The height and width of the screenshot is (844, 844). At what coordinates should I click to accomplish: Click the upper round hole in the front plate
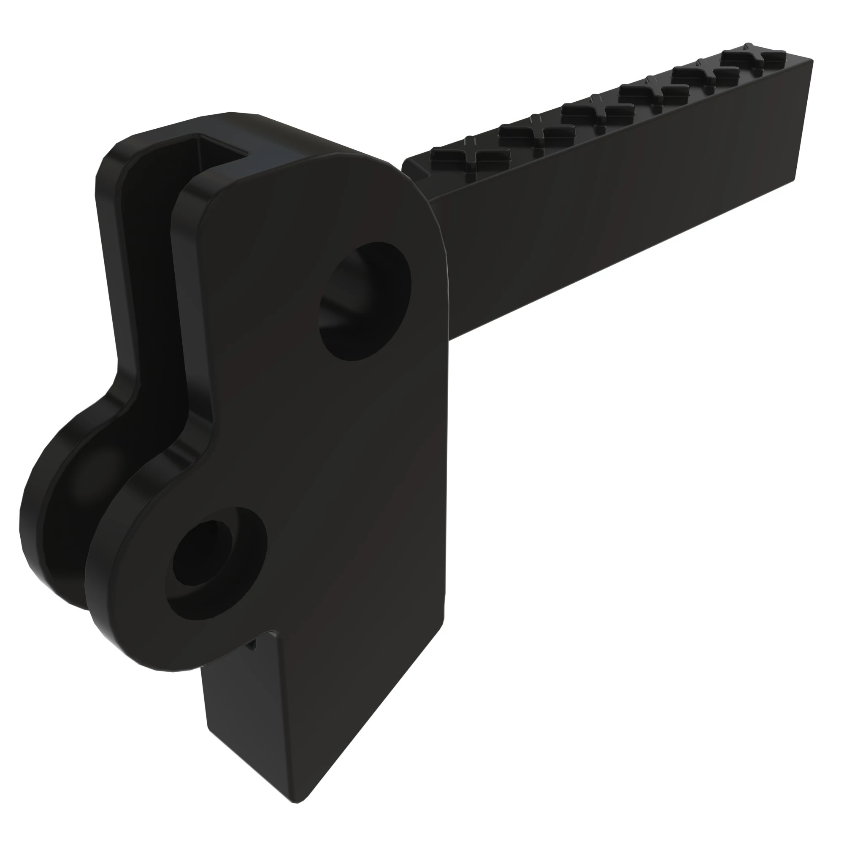365,301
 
